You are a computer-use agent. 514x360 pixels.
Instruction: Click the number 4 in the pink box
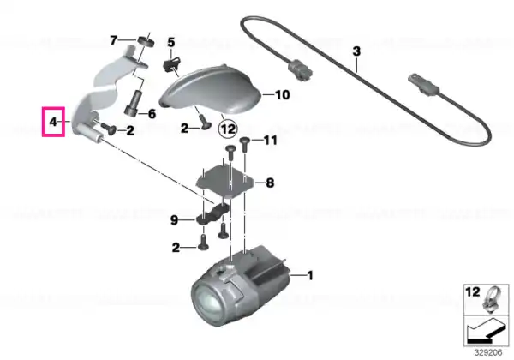coord(53,122)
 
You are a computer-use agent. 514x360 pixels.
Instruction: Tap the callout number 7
coord(113,40)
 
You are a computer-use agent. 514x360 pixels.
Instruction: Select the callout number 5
coord(171,42)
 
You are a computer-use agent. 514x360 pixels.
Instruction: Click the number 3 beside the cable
coord(356,51)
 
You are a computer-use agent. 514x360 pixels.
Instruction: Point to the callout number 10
coord(282,95)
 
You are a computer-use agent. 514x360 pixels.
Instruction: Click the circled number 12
coord(228,129)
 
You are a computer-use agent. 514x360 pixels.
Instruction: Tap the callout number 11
coord(271,141)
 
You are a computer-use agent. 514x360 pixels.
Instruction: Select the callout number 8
coord(270,183)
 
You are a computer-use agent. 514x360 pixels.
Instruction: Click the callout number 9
coord(174,220)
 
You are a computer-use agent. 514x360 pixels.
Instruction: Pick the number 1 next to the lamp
coord(309,275)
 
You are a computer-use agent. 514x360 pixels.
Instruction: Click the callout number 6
coord(152,114)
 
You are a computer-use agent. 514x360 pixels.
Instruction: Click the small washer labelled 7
coord(146,42)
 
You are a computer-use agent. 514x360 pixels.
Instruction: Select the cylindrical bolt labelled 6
coord(133,103)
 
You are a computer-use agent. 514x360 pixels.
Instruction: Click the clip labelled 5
coord(172,64)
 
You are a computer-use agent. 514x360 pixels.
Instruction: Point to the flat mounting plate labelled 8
coord(224,182)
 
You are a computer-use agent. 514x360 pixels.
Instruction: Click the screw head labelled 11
coord(245,141)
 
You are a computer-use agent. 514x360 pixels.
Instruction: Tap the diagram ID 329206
coord(488,352)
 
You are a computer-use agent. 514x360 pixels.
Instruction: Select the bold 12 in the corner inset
coord(473,291)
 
